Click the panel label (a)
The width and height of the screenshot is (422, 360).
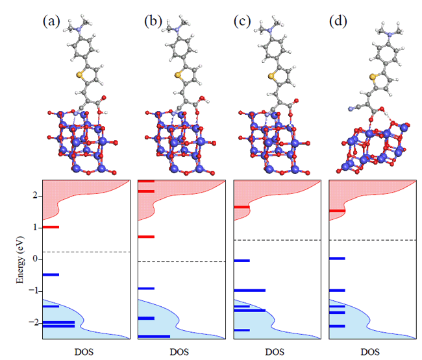[51, 21]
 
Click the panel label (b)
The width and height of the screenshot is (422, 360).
[153, 21]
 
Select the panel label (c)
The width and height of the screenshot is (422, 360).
[243, 21]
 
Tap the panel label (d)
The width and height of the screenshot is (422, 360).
[338, 21]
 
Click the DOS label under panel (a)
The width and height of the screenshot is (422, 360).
[86, 352]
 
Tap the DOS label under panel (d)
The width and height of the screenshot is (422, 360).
[369, 352]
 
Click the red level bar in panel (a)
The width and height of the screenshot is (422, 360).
[51, 227]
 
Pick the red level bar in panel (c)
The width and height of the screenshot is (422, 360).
[241, 208]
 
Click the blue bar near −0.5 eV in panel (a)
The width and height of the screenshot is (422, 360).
[51, 275]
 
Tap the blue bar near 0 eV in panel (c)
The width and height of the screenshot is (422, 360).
[242, 261]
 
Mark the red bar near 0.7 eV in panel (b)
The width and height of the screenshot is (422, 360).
[146, 237]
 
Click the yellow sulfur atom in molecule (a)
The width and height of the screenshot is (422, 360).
[80, 75]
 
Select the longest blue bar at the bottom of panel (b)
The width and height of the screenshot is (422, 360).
[155, 337]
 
